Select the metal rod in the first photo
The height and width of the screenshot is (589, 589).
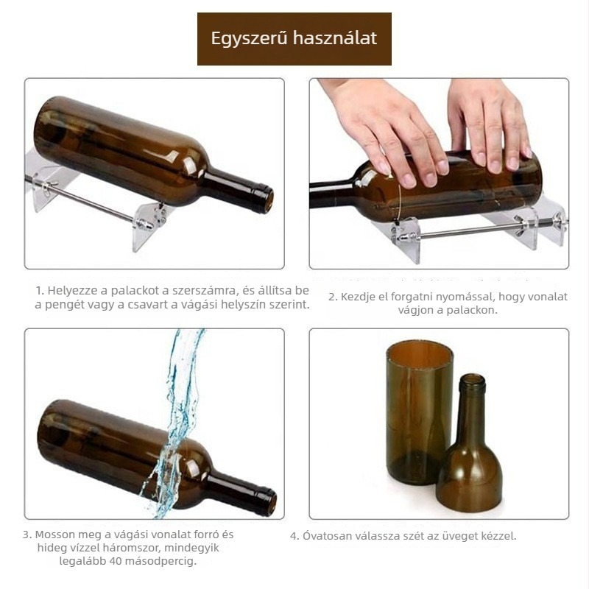[x=88, y=199]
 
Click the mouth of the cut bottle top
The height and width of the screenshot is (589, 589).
[x=472, y=382]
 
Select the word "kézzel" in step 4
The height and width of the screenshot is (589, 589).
[x=497, y=535]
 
